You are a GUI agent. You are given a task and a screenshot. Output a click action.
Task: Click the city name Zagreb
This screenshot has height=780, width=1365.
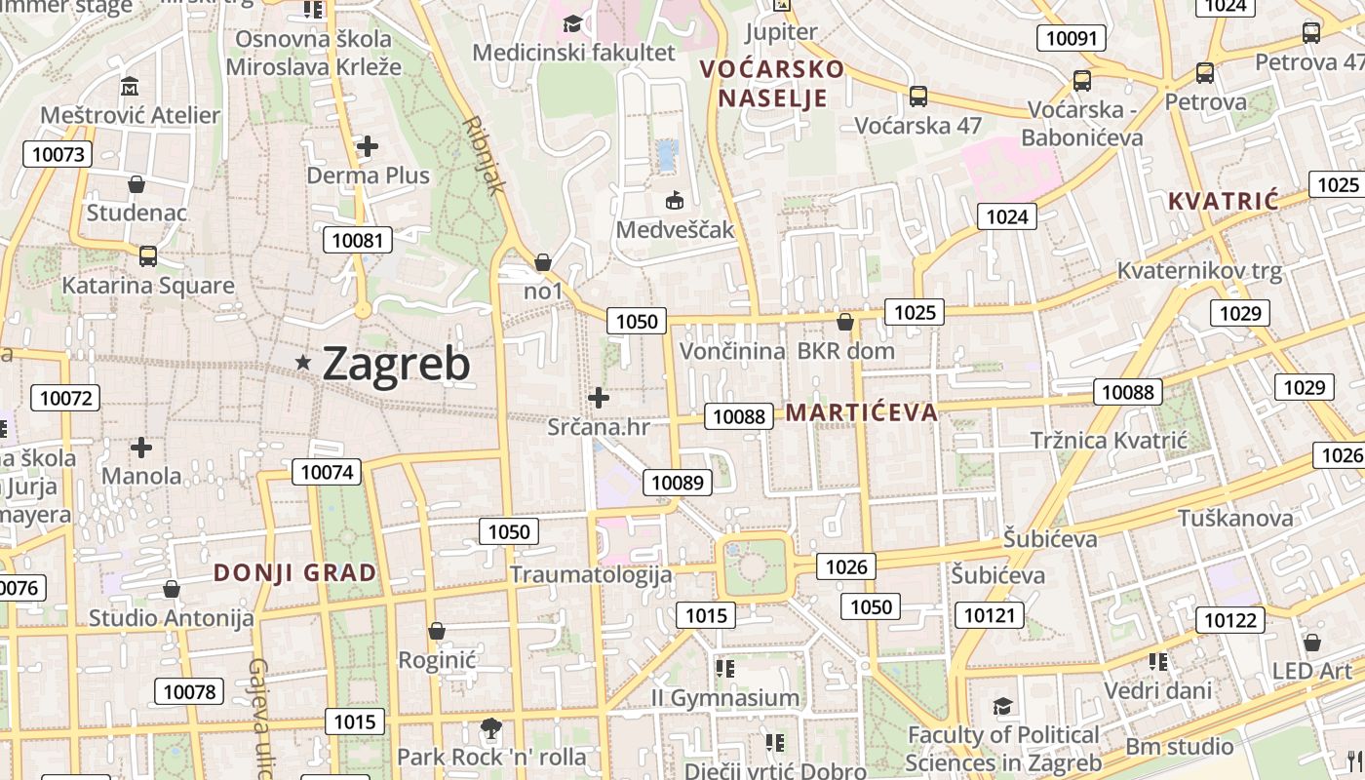(396, 364)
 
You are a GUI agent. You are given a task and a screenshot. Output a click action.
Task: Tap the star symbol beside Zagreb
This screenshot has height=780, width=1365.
(304, 363)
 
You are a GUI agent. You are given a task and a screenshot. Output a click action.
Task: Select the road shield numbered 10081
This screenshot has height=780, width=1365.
(357, 240)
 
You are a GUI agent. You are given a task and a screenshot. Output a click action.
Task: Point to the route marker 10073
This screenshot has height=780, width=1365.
(58, 154)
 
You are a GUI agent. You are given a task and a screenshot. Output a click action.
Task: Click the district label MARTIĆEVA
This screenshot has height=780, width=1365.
(862, 412)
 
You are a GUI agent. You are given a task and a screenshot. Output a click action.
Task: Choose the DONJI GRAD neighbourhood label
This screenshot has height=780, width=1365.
(295, 573)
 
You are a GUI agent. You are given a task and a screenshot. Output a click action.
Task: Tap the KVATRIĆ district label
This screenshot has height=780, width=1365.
(1223, 202)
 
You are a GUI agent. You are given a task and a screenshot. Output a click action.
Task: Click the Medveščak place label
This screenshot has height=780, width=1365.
(675, 230)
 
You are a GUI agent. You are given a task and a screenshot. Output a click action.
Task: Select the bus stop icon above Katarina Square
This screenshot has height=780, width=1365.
(148, 256)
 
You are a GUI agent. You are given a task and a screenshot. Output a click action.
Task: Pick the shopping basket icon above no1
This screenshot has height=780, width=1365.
(543, 262)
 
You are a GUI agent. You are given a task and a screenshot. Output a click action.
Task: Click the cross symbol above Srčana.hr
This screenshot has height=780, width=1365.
(599, 398)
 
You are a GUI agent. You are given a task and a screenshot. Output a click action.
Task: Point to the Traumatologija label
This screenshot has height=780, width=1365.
(591, 574)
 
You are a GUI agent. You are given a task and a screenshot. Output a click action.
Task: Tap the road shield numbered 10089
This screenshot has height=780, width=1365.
(677, 482)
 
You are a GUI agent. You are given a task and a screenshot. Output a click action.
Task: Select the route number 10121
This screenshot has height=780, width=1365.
(990, 615)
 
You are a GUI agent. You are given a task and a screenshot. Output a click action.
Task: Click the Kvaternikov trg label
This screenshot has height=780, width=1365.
(1199, 270)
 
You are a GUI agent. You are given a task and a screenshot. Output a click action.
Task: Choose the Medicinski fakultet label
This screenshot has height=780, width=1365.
(573, 52)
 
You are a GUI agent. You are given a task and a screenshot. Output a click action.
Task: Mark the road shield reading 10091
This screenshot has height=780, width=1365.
(1071, 39)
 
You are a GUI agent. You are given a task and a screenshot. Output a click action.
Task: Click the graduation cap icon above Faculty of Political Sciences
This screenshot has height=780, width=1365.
(1002, 706)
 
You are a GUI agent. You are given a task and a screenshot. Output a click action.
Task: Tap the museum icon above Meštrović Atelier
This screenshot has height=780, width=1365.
(130, 87)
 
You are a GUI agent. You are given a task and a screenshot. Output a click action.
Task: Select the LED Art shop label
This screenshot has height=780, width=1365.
(1312, 671)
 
